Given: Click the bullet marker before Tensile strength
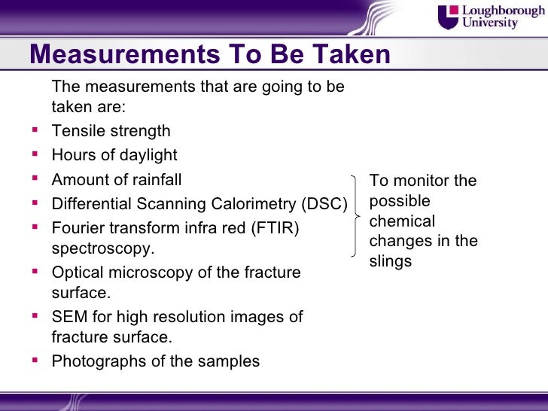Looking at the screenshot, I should (35, 130).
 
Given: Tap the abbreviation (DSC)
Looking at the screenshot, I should (324, 204).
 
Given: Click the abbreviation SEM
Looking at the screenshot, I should (69, 317).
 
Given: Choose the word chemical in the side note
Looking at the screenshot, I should (402, 221).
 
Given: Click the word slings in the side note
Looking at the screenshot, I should (390, 261).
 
